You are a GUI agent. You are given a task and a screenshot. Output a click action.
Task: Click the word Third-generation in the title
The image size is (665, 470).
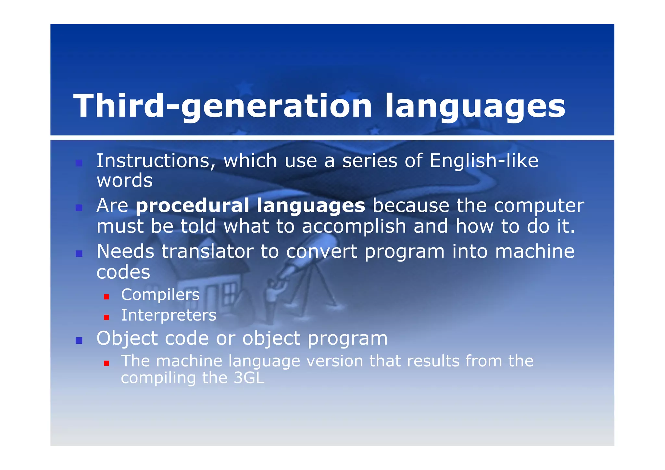pos(222,107)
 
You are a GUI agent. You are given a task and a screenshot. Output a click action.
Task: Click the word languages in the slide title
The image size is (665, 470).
pos(475,107)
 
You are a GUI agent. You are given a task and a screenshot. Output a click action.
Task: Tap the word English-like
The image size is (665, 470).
pos(484,161)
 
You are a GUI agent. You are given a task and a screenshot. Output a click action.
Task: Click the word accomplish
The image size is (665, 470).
pos(354,226)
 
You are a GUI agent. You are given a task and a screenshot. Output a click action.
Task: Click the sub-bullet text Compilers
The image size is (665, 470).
pos(160,295)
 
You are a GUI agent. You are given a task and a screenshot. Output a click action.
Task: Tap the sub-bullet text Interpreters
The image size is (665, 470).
pos(169,315)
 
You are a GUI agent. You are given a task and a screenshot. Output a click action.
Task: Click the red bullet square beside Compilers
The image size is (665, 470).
pos(106,297)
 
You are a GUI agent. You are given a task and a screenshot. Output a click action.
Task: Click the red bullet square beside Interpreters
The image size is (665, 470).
pos(106,317)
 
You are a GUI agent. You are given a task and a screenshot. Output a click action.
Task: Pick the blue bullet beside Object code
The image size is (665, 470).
pos(79,340)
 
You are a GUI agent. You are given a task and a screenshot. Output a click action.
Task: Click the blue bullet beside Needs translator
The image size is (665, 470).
pos(79,254)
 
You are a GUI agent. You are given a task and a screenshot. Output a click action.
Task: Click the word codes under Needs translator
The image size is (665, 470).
pos(123,272)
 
